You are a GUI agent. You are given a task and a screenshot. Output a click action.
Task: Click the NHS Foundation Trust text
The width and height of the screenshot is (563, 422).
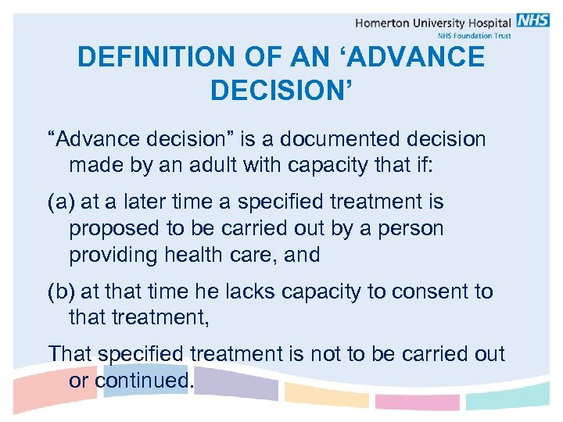(x=473, y=35)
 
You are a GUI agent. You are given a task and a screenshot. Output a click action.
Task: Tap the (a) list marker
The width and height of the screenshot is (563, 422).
(x=61, y=202)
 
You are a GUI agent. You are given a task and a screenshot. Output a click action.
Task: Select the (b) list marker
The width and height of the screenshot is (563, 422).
(x=61, y=291)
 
